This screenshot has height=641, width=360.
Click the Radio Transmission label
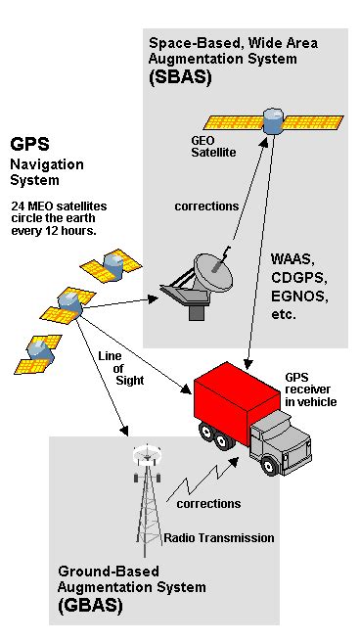coord(218,537)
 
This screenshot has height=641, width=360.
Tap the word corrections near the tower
coord(208,503)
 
